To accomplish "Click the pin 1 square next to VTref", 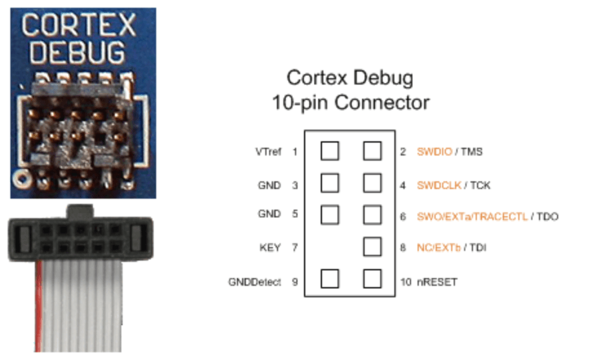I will (330, 152).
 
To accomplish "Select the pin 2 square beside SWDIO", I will (372, 152).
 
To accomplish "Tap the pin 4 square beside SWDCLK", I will (372, 183).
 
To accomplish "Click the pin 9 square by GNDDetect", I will (330, 279).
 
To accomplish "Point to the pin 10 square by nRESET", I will (372, 279).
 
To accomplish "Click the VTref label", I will (268, 152).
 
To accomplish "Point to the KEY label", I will (270, 248).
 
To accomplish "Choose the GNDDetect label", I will (254, 283).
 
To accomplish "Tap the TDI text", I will (478, 248).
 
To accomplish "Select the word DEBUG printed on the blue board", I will (77, 52).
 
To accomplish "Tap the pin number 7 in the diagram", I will (295, 248).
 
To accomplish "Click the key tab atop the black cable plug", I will (79, 210).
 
